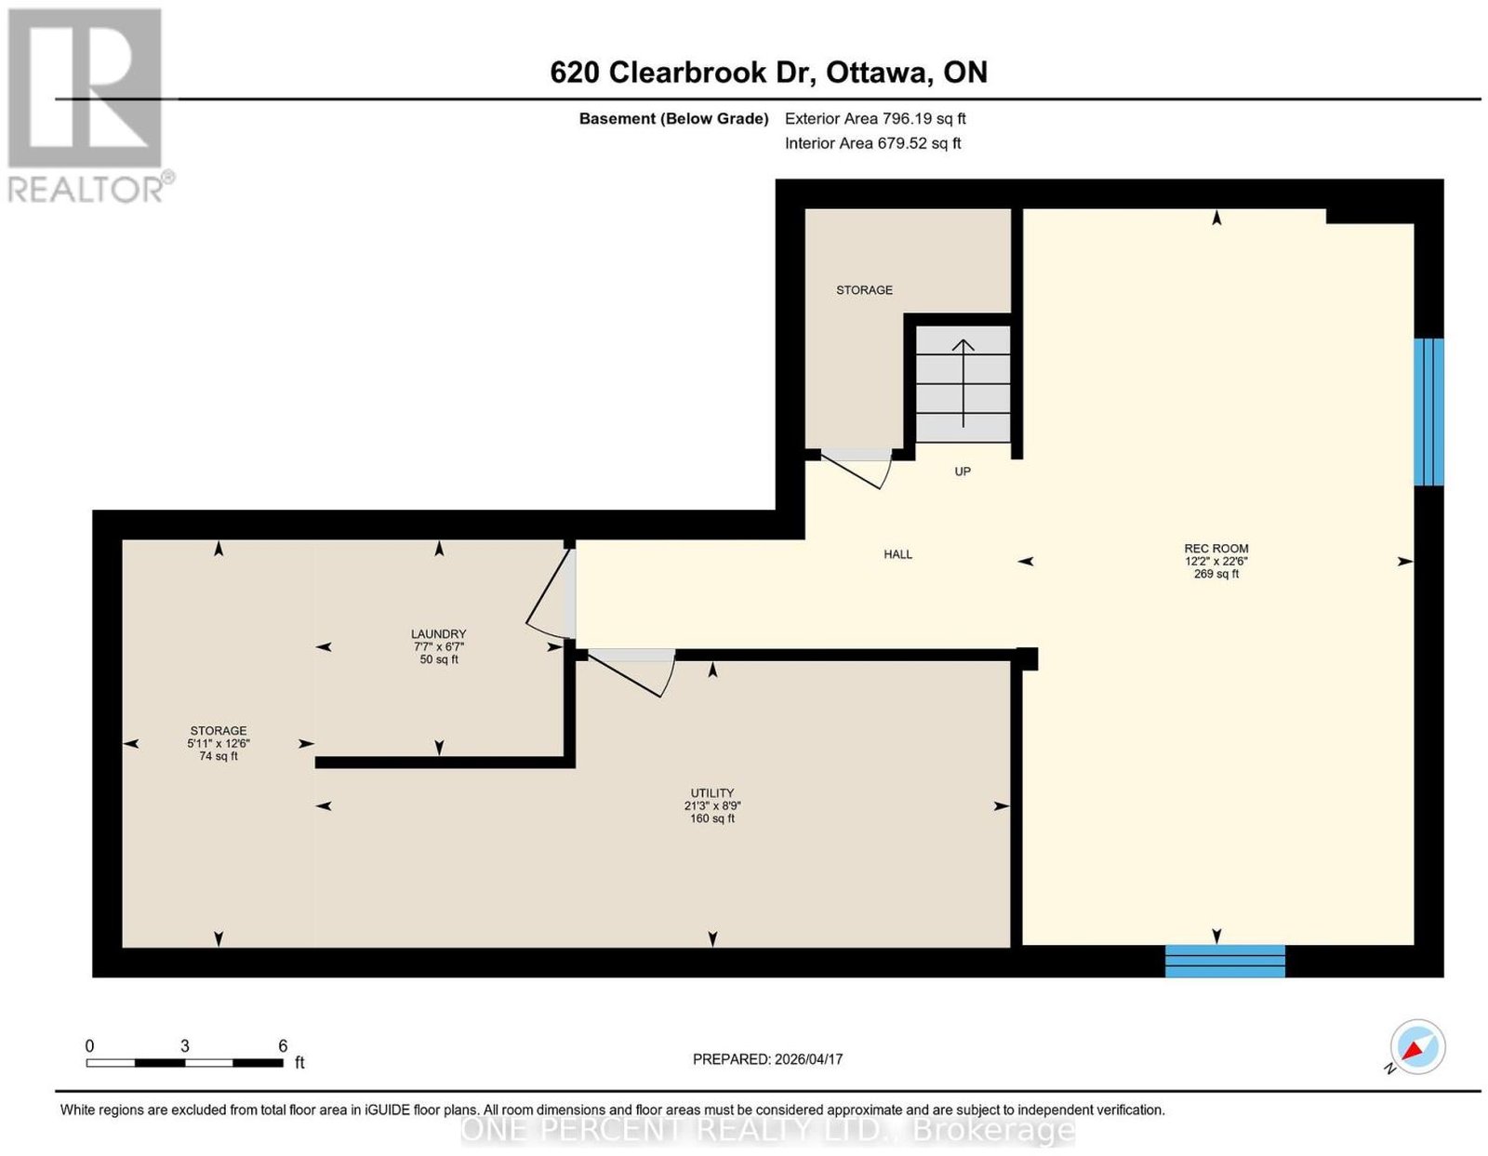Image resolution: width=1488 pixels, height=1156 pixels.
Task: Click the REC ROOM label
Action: click(x=1216, y=548)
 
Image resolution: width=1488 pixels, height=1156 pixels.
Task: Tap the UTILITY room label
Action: click(x=712, y=792)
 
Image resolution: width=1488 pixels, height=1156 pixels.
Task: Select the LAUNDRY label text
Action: click(x=438, y=633)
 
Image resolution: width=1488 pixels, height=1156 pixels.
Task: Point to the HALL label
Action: click(x=897, y=554)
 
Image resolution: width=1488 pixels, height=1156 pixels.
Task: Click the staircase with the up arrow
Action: click(x=963, y=384)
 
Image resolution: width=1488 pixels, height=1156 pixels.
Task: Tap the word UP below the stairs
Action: click(x=963, y=472)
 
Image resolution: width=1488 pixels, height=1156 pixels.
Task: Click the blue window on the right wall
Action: click(x=1428, y=412)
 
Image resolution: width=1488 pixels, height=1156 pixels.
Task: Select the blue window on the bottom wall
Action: click(x=1225, y=961)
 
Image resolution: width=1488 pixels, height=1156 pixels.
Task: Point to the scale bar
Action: click(x=185, y=1063)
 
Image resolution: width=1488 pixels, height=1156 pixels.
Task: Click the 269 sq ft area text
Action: click(x=1216, y=574)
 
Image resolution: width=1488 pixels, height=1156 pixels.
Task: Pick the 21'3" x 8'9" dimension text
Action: click(x=712, y=805)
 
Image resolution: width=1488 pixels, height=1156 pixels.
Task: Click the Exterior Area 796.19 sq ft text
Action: click(x=875, y=118)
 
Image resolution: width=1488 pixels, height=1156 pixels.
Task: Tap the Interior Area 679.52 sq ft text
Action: click(x=872, y=143)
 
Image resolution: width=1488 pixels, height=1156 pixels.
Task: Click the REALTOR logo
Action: click(x=89, y=106)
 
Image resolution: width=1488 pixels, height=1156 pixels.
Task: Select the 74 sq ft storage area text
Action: click(x=219, y=756)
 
